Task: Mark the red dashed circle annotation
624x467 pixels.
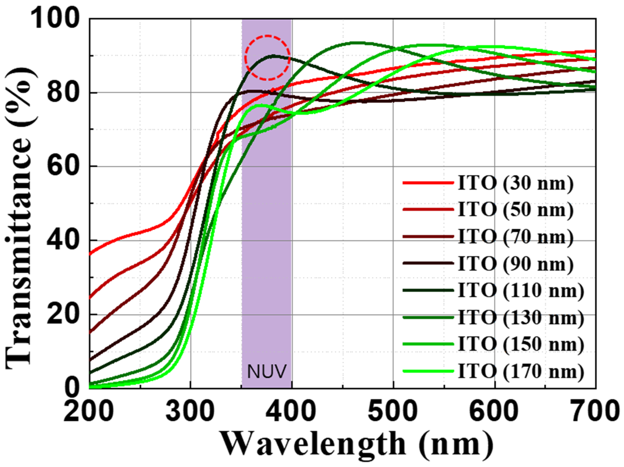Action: coord(267,58)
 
